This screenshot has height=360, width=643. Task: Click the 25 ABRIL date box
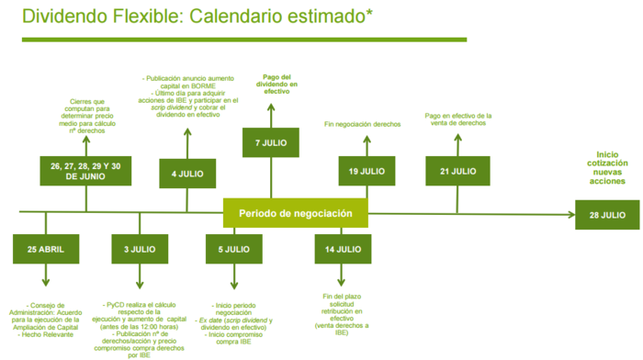pyautogui.click(x=45, y=249)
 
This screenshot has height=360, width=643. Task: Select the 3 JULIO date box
pyautogui.click(x=140, y=249)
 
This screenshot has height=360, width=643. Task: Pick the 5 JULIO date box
pyautogui.click(x=233, y=249)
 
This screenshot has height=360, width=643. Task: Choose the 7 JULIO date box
pyautogui.click(x=272, y=142)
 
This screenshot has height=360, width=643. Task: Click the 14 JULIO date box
pyautogui.click(x=343, y=249)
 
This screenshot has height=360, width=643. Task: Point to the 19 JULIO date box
pyautogui.click(x=367, y=172)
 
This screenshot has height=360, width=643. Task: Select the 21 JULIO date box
pyautogui.click(x=457, y=172)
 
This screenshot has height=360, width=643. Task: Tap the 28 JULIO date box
pyautogui.click(x=607, y=216)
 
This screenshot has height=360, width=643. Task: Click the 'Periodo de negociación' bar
pyautogui.click(x=296, y=213)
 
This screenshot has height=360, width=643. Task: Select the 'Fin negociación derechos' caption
pyautogui.click(x=363, y=124)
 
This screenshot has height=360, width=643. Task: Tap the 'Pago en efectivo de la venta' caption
pyautogui.click(x=458, y=119)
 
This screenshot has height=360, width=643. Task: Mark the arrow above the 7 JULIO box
pyautogui.click(x=272, y=112)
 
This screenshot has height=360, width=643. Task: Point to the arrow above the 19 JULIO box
pyautogui.click(x=367, y=144)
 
